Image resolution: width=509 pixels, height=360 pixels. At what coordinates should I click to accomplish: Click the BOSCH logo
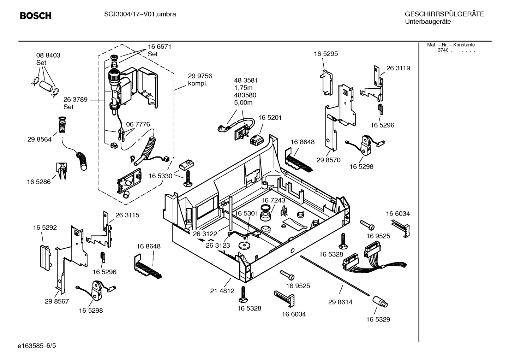[36, 16]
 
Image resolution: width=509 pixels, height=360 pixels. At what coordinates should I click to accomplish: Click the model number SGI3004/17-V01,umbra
[140, 14]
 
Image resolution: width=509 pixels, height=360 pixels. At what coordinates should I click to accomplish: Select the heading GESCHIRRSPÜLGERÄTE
[444, 14]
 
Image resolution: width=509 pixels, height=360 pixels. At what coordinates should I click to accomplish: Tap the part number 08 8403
[48, 55]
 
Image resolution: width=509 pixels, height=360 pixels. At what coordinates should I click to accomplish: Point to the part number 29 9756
[200, 76]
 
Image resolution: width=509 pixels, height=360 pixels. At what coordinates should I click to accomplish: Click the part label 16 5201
[270, 117]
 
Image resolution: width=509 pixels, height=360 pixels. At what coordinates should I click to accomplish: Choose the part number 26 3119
[398, 68]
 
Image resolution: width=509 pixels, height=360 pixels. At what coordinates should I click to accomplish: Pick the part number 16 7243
[273, 200]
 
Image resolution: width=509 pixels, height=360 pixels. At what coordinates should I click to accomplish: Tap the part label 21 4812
[222, 291]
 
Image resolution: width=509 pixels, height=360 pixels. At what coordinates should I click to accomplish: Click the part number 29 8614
[340, 302]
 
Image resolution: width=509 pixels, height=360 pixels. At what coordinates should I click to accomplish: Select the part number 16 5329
[378, 319]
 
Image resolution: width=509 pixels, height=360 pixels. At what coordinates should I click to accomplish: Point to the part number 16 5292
[45, 228]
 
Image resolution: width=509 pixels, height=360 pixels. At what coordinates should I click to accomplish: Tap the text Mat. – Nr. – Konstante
[451, 45]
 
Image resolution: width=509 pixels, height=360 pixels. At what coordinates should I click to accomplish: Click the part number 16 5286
[39, 182]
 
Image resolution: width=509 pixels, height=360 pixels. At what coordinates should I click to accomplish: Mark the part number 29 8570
[328, 160]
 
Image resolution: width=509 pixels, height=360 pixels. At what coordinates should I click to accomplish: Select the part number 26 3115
[127, 215]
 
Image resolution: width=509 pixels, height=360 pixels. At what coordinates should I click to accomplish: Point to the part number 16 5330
[160, 176]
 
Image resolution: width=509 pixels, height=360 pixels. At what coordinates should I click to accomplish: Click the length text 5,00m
[243, 103]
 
